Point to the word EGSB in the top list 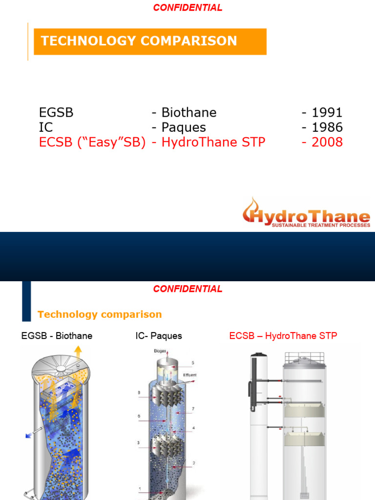pyautogui.click(x=56, y=113)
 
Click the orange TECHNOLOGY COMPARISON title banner pyautogui.click(x=149, y=42)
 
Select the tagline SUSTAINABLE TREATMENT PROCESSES pyautogui.click(x=320, y=226)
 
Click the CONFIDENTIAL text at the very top pyautogui.click(x=188, y=8)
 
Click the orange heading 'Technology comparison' pyautogui.click(x=100, y=314)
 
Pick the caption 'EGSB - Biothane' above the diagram pyautogui.click(x=57, y=336)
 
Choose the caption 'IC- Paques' pyautogui.click(x=159, y=336)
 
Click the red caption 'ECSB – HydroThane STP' pyautogui.click(x=283, y=336)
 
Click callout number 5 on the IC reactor pyautogui.click(x=193, y=363)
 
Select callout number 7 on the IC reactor pyautogui.click(x=194, y=408)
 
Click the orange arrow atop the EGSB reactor pyautogui.click(x=77, y=353)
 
